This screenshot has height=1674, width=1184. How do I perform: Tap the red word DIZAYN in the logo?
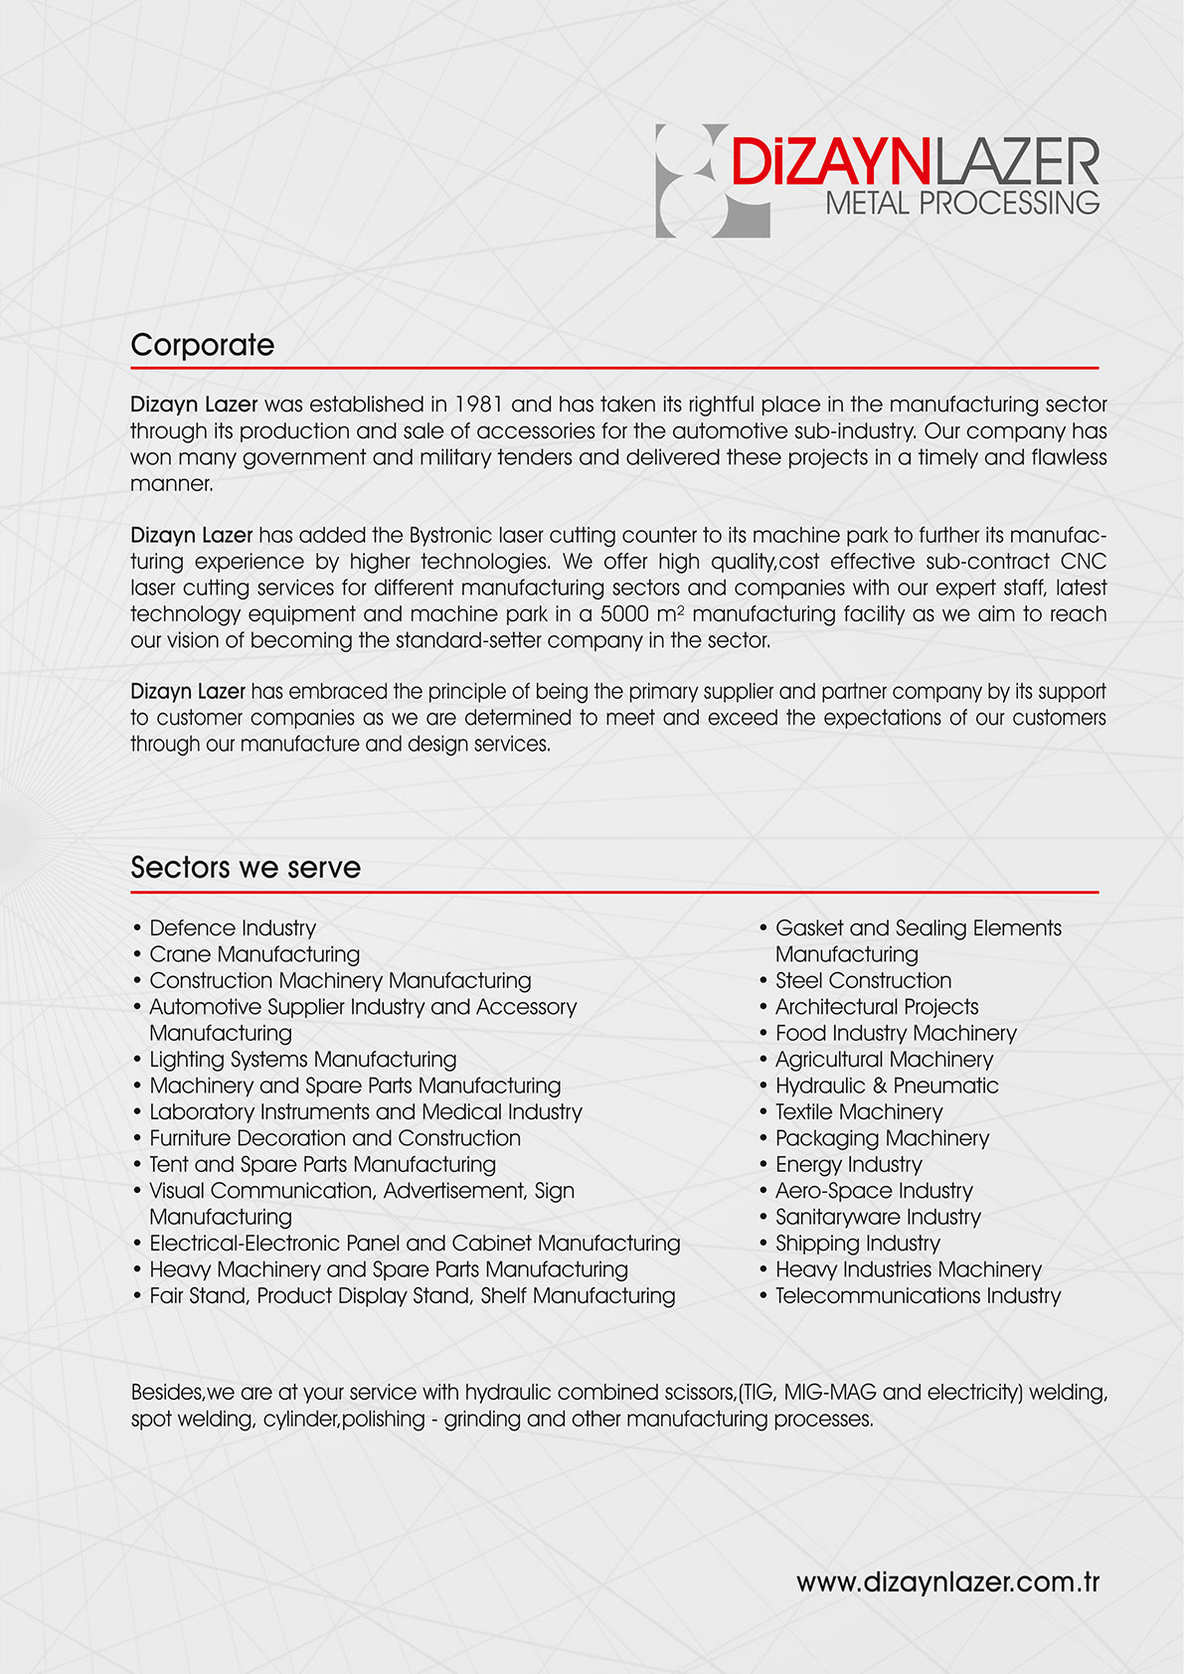[829, 162]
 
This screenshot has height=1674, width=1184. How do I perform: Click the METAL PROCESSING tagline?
[962, 204]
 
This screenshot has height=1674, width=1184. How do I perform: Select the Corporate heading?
[203, 345]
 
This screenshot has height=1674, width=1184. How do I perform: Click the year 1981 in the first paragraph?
[479, 405]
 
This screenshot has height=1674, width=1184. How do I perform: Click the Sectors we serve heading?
[246, 868]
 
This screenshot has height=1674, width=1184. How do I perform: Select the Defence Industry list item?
[233, 928]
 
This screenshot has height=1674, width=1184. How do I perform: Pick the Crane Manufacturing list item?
[254, 954]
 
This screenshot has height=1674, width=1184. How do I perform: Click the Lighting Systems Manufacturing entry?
[302, 1060]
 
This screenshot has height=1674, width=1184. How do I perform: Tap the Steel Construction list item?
[863, 981]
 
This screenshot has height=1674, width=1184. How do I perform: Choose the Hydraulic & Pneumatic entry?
[887, 1086]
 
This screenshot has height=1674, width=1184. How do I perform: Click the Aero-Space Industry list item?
[874, 1191]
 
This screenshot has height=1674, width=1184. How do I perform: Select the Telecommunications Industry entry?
[918, 1296]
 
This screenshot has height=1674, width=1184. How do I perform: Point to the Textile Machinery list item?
[859, 1112]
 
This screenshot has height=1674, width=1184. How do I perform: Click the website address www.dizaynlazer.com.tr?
[947, 1583]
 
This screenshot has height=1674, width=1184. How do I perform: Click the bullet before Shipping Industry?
[763, 1244]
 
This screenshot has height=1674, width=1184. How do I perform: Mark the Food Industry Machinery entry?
[896, 1034]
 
